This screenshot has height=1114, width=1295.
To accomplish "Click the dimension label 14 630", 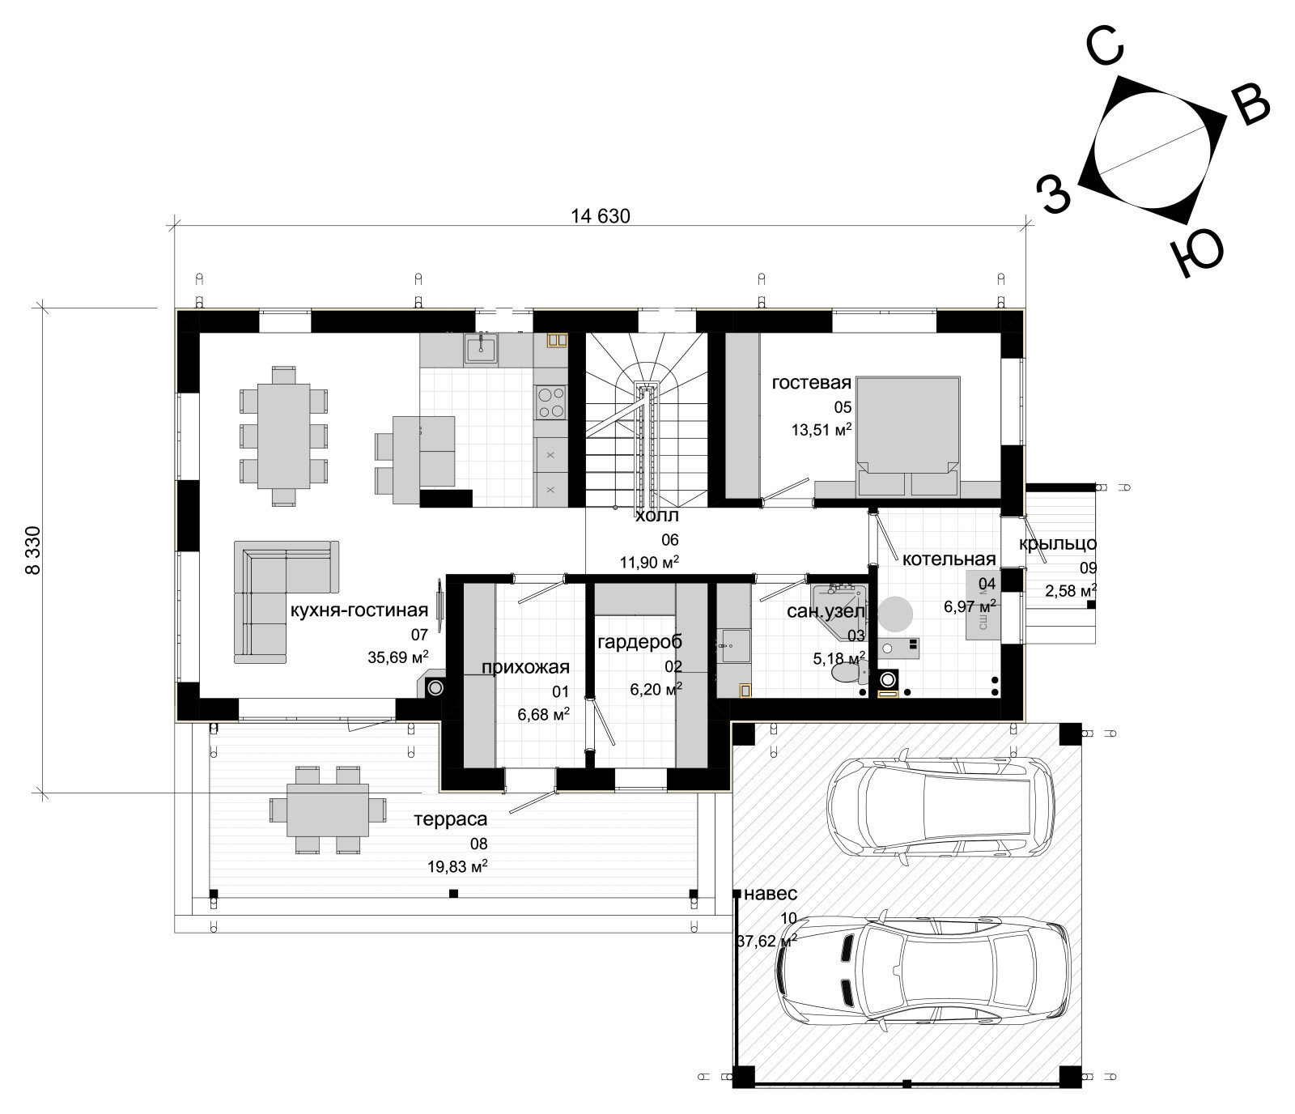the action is tap(600, 216).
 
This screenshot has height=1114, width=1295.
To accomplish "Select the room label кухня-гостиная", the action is tap(359, 610).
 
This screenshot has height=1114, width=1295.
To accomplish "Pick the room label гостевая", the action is tap(812, 382).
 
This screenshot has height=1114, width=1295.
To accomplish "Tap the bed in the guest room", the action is tap(908, 436).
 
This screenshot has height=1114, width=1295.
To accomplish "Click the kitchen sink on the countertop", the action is tap(481, 348).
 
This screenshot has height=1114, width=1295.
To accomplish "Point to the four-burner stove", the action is tap(551, 402).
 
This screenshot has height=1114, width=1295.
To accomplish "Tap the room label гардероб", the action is tap(639, 642).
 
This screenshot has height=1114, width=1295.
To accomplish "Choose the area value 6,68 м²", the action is tap(543, 715).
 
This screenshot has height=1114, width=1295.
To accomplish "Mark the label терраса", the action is tap(451, 819).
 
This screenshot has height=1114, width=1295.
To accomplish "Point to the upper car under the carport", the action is tap(940, 806).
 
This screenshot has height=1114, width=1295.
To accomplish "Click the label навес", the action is tap(771, 894).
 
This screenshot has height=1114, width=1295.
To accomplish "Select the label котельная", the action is tap(949, 559).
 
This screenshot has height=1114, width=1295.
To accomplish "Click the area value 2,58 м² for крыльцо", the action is tap(1071, 591).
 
